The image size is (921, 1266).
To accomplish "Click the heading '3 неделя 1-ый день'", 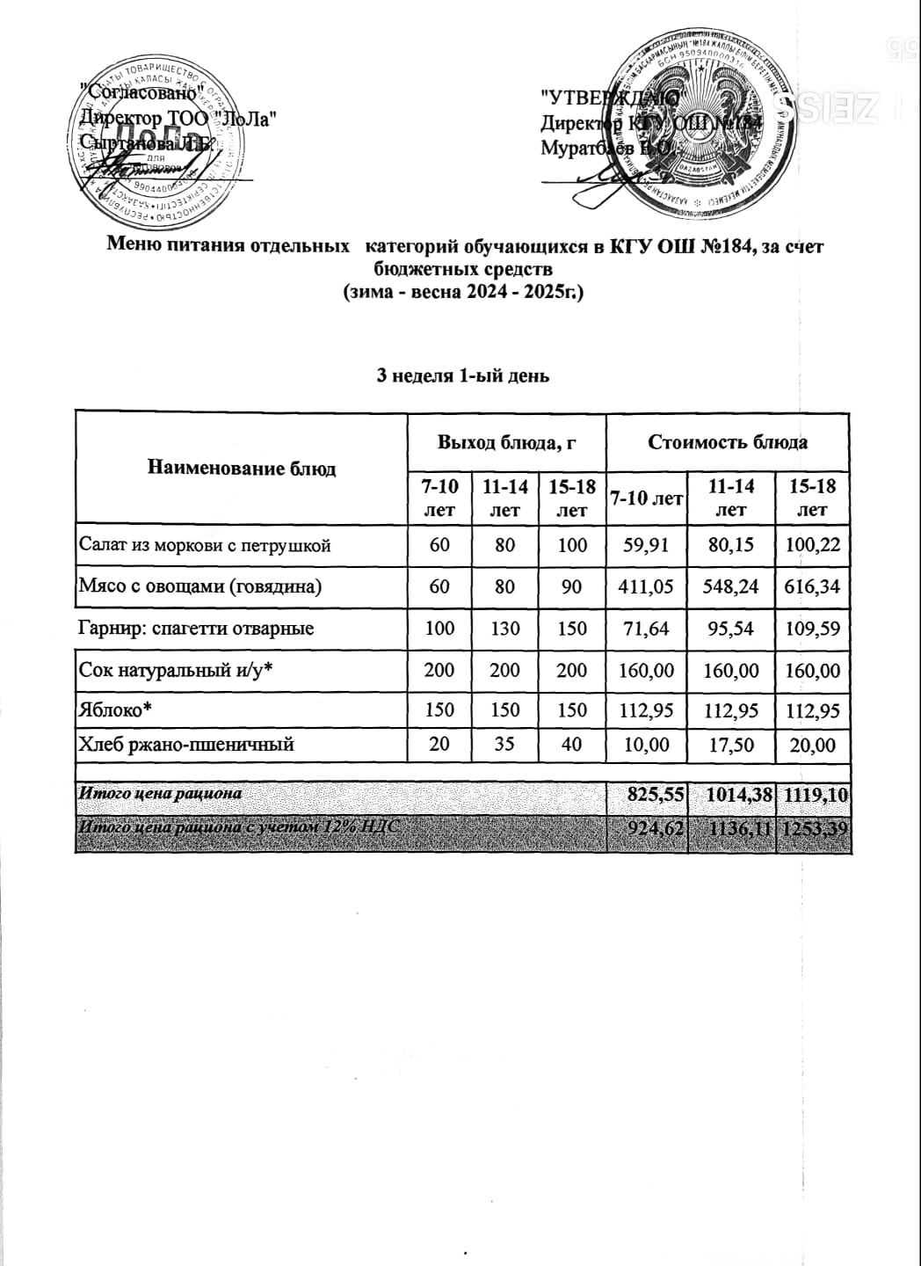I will coord(462,375).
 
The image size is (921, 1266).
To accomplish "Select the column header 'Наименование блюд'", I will coord(242,468).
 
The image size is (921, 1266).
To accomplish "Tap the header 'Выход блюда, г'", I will coord(506,442).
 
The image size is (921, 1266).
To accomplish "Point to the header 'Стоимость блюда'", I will coord(728,442).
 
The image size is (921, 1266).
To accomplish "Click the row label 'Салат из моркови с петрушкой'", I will coord(205,545).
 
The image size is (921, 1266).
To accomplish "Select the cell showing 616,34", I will coord(813,586).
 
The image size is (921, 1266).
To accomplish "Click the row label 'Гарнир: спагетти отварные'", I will coord(197,629).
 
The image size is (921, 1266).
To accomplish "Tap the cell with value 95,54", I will coord(731,629).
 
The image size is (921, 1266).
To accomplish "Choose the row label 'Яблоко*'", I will coord(112,709).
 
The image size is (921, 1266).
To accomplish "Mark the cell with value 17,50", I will coord(731,745).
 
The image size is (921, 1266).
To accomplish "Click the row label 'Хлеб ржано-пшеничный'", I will coord(186,745).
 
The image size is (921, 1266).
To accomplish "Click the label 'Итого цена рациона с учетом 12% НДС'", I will coord(242,826).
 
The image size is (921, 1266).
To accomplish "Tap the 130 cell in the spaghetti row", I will coord(505,629).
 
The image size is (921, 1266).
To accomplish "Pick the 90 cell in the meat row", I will coord(571,586).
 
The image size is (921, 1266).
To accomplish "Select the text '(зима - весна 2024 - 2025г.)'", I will coord(462,292).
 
